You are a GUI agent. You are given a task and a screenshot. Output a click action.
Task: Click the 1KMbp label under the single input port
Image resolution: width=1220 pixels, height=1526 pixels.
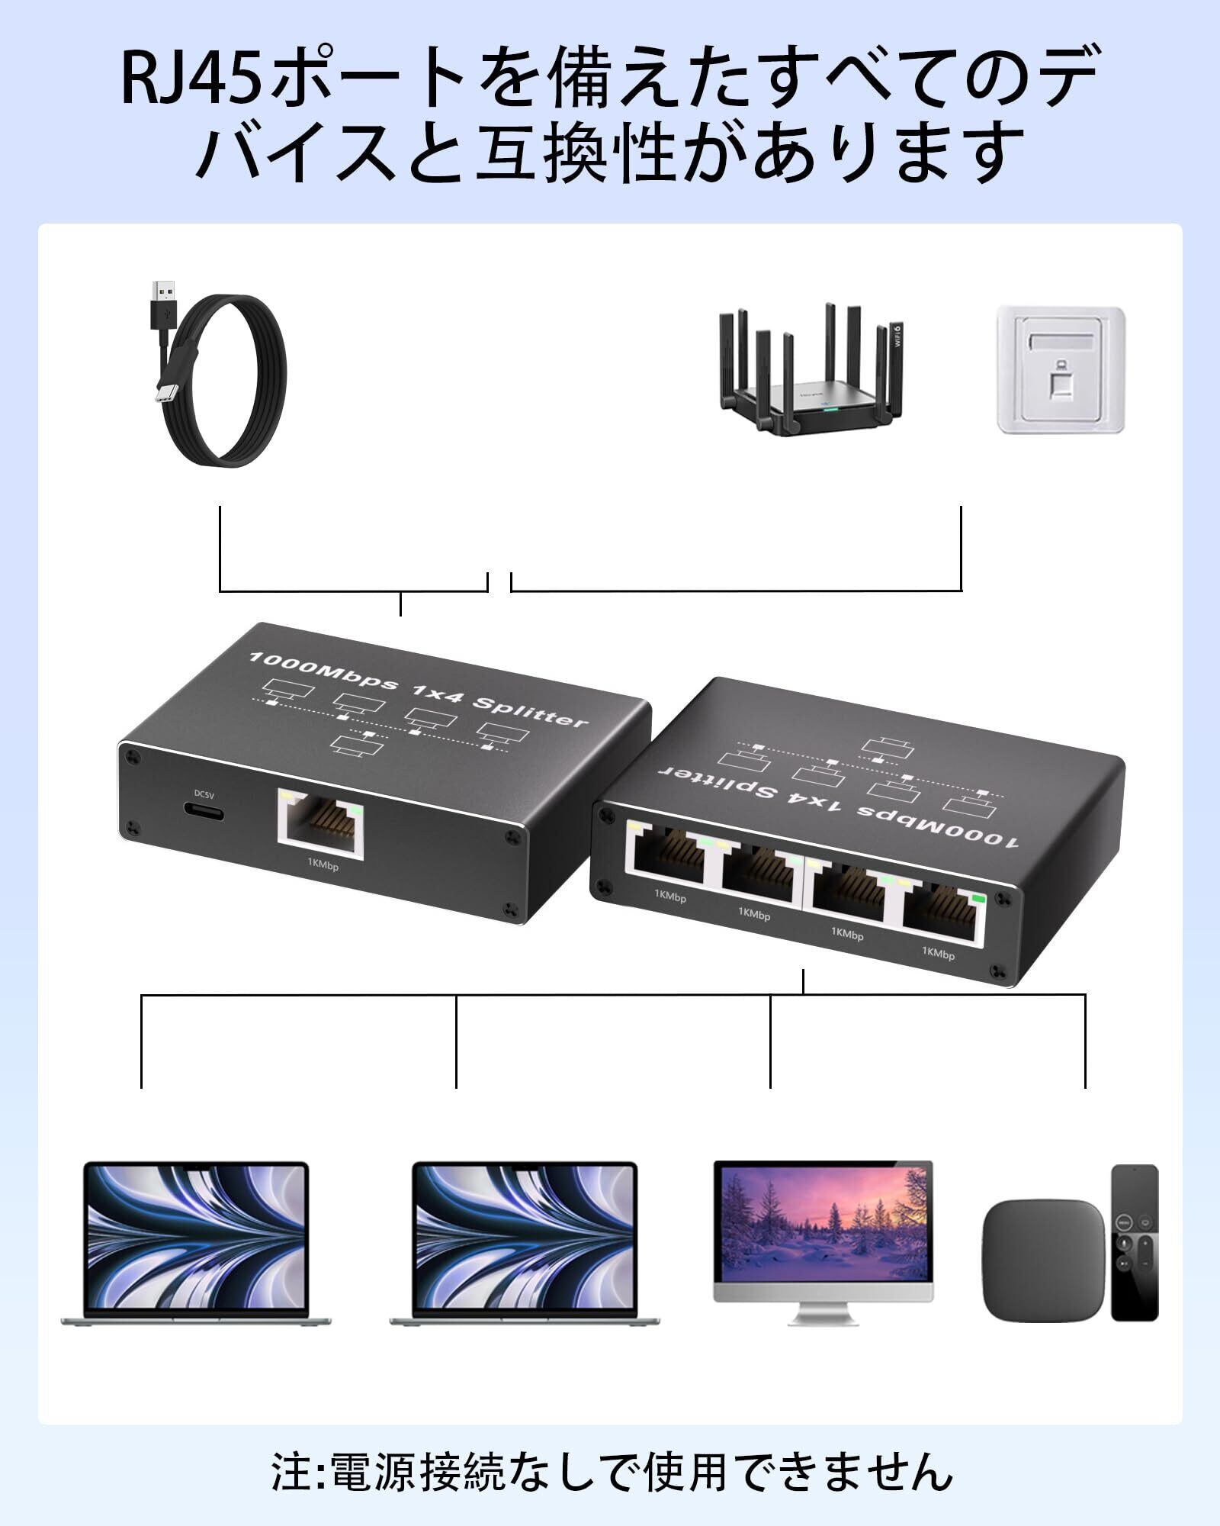[x=323, y=866]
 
